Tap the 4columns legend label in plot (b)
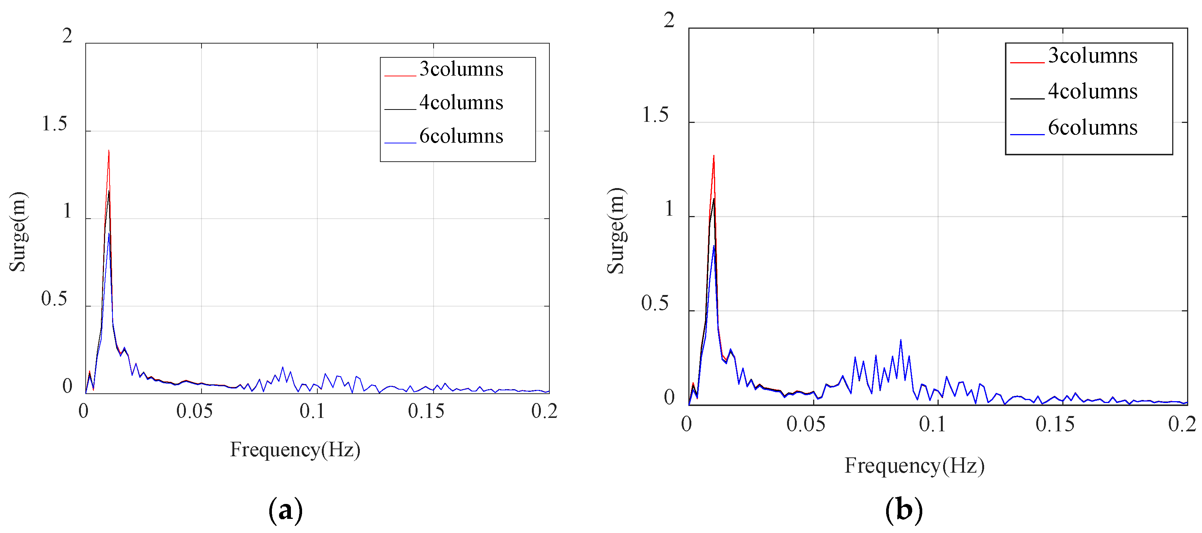[1092, 92]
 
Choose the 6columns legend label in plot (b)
[1092, 127]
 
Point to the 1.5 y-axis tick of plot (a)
[55, 124]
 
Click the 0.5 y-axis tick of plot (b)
[655, 303]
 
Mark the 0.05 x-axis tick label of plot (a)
[194, 411]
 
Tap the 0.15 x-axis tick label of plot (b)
[1054, 424]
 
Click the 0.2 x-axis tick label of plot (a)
[544, 411]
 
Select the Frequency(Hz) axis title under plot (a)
[295, 450]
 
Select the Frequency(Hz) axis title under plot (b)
[914, 466]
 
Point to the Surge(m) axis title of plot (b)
[616, 231]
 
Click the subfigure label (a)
[285, 510]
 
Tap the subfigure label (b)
[904, 510]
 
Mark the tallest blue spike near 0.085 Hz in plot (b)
[901, 340]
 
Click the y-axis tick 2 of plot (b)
[669, 20]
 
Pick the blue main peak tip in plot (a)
[109, 234]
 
